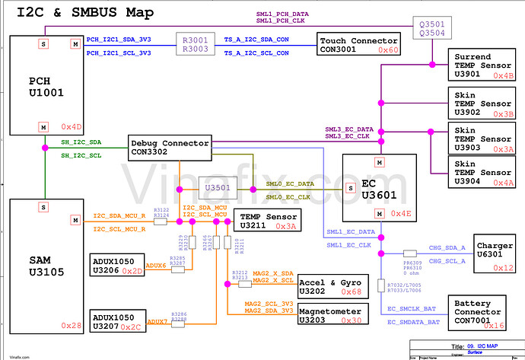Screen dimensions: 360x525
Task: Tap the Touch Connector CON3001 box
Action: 358,44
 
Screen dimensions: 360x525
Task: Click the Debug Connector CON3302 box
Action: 168,146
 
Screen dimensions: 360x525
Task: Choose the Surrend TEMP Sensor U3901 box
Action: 483,66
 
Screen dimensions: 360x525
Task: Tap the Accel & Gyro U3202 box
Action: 329,286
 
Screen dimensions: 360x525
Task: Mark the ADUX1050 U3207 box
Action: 117,320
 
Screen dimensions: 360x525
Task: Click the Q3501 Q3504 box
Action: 431,28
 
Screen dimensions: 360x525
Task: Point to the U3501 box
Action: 218,188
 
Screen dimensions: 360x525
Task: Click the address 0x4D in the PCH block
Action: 71,126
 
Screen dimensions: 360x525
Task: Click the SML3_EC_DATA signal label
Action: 349,129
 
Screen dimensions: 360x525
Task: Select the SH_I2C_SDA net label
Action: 81,142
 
